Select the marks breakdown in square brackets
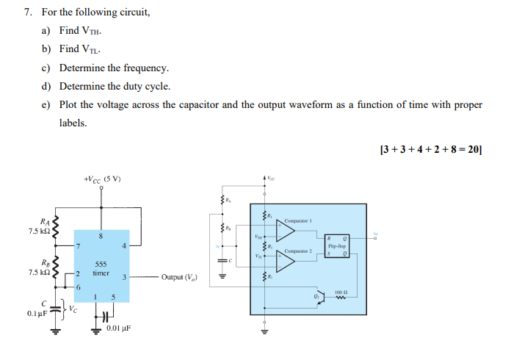pyautogui.click(x=430, y=149)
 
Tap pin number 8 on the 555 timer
pyautogui.click(x=101, y=236)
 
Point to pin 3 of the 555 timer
pyautogui.click(x=125, y=277)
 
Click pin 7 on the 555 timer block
pyautogui.click(x=78, y=246)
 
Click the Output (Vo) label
pyautogui.click(x=184, y=277)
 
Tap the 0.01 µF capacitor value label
pyautogui.click(x=118, y=329)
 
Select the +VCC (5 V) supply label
pyautogui.click(x=102, y=179)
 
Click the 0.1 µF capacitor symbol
pyautogui.click(x=51, y=309)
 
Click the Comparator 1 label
pyautogui.click(x=299, y=220)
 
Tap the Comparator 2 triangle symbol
pyautogui.click(x=284, y=261)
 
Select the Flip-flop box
pyautogui.click(x=338, y=245)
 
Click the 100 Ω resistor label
pyautogui.click(x=340, y=291)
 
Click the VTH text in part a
pyautogui.click(x=90, y=32)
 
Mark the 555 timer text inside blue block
pyautogui.click(x=101, y=267)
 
